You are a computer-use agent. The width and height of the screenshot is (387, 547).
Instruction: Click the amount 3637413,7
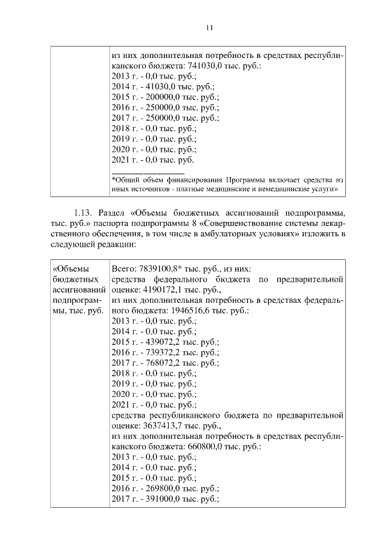coord(160,426)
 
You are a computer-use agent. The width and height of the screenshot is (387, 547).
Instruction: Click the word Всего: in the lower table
coord(125,268)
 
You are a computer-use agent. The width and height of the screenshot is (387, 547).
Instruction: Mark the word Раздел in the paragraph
coord(114,213)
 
